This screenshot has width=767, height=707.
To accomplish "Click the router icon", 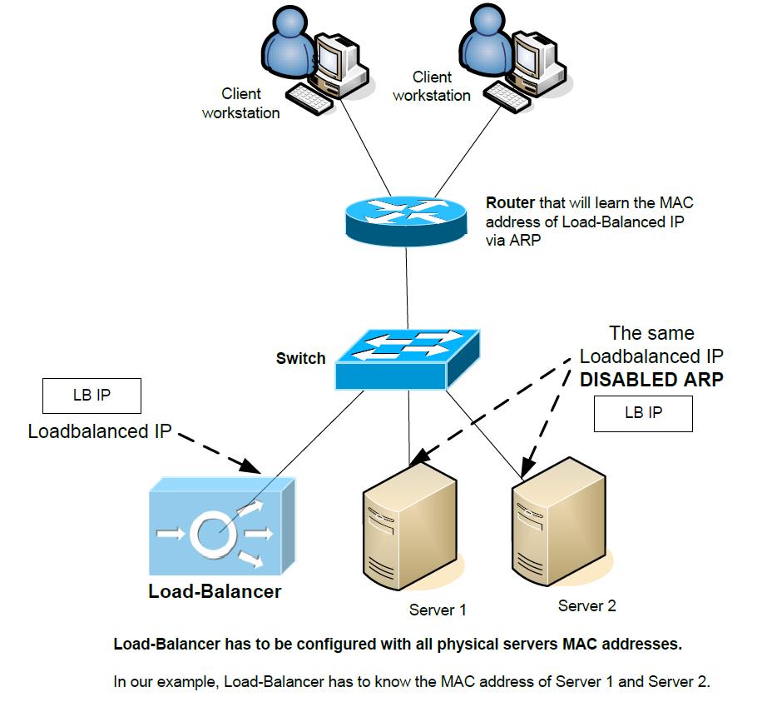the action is point(405,222).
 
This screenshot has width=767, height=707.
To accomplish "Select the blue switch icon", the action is point(407,360).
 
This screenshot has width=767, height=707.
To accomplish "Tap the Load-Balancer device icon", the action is point(222,526).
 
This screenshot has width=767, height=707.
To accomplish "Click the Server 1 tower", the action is point(410,525).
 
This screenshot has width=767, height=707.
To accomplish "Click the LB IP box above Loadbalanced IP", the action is point(92,396).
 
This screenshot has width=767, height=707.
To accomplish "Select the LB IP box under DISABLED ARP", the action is point(643,414).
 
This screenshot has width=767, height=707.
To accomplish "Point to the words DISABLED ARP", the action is point(651,380).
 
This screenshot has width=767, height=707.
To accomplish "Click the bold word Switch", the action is point(301,358).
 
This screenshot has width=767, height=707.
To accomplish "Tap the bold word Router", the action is point(510,202).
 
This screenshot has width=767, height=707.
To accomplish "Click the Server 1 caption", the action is point(438,610).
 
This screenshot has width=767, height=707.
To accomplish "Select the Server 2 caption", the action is point(587,606).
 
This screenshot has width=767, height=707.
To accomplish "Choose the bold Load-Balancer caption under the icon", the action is point(215,591).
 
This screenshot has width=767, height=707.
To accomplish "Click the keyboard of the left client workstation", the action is point(309,99).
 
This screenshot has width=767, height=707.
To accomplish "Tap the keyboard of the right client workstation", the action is point(507,96).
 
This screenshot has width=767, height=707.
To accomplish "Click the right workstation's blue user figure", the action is point(486,39).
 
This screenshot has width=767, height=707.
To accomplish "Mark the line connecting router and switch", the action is point(407,288).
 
